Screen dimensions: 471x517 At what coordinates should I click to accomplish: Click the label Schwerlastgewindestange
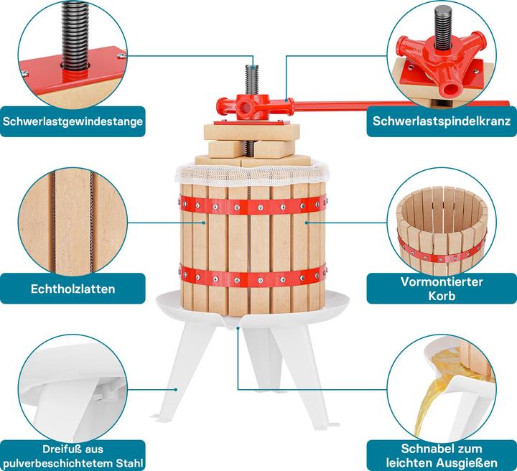click(73, 121)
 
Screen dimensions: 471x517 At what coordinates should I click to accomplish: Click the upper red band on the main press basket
click(251, 205)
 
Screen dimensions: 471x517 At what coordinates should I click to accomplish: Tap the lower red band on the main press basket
click(251, 276)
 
